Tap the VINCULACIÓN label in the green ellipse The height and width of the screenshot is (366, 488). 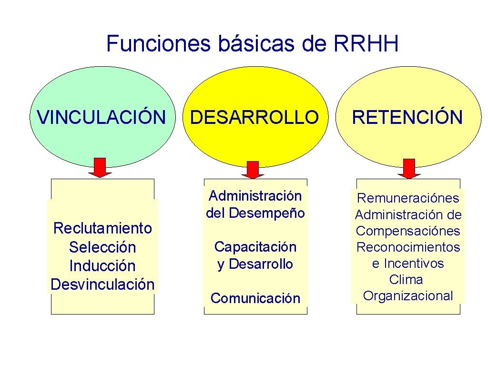(102, 117)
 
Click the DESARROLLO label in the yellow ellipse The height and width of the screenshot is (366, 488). (254, 117)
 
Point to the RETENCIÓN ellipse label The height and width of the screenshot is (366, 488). (407, 117)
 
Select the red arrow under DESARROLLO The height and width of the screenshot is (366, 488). (253, 170)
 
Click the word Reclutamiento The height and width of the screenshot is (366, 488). (102, 228)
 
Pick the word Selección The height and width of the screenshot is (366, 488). (102, 247)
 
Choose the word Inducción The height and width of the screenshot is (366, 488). (102, 265)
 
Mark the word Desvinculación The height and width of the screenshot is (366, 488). (102, 285)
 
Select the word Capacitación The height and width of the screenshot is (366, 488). (255, 247)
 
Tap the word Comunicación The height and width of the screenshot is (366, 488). (255, 298)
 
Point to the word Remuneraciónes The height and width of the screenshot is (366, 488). (408, 198)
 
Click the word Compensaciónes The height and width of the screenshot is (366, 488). (408, 231)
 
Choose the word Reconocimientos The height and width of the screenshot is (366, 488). (408, 247)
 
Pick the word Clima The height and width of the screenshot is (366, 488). (407, 279)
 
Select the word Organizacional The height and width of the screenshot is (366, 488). (408, 296)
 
